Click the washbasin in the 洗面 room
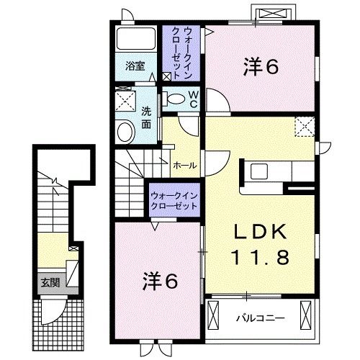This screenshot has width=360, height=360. point(125,130)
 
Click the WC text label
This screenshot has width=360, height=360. point(194,99)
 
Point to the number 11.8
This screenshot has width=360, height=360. point(259,256)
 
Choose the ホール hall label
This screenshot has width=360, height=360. point(185,165)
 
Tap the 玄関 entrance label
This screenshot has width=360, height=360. point(45,282)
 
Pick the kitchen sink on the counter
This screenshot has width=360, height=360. point(258,171)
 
